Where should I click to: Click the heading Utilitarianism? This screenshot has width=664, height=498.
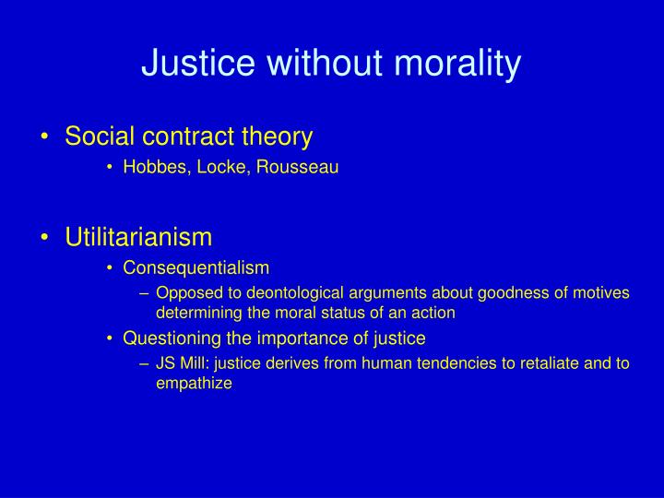(x=138, y=237)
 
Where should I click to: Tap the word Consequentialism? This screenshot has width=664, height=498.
(x=196, y=268)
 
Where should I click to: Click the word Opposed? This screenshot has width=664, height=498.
(x=184, y=293)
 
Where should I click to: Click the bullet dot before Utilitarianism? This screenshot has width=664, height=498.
(x=46, y=238)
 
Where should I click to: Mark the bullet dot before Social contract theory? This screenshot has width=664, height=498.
(x=46, y=138)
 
